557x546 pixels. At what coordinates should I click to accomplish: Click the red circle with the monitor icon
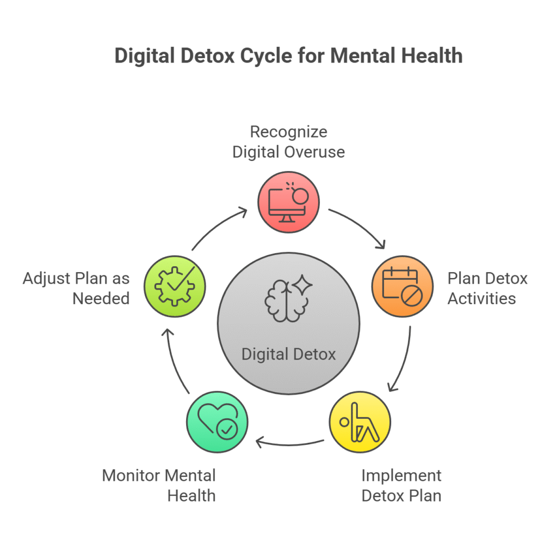[288, 202]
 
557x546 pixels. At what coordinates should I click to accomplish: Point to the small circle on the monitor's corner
[300, 196]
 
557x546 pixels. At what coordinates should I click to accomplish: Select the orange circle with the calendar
[402, 286]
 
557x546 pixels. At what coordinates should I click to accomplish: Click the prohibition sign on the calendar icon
[412, 296]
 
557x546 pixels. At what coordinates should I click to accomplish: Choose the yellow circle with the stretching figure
[360, 422]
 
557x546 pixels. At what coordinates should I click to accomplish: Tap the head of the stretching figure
[344, 422]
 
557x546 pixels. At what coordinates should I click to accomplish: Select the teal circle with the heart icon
[217, 422]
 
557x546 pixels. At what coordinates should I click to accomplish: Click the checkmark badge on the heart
[227, 430]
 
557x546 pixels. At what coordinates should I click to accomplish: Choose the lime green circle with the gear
[175, 286]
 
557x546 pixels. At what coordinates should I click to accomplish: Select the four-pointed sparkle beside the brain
[302, 285]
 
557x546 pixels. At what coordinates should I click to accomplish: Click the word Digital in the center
[264, 355]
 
